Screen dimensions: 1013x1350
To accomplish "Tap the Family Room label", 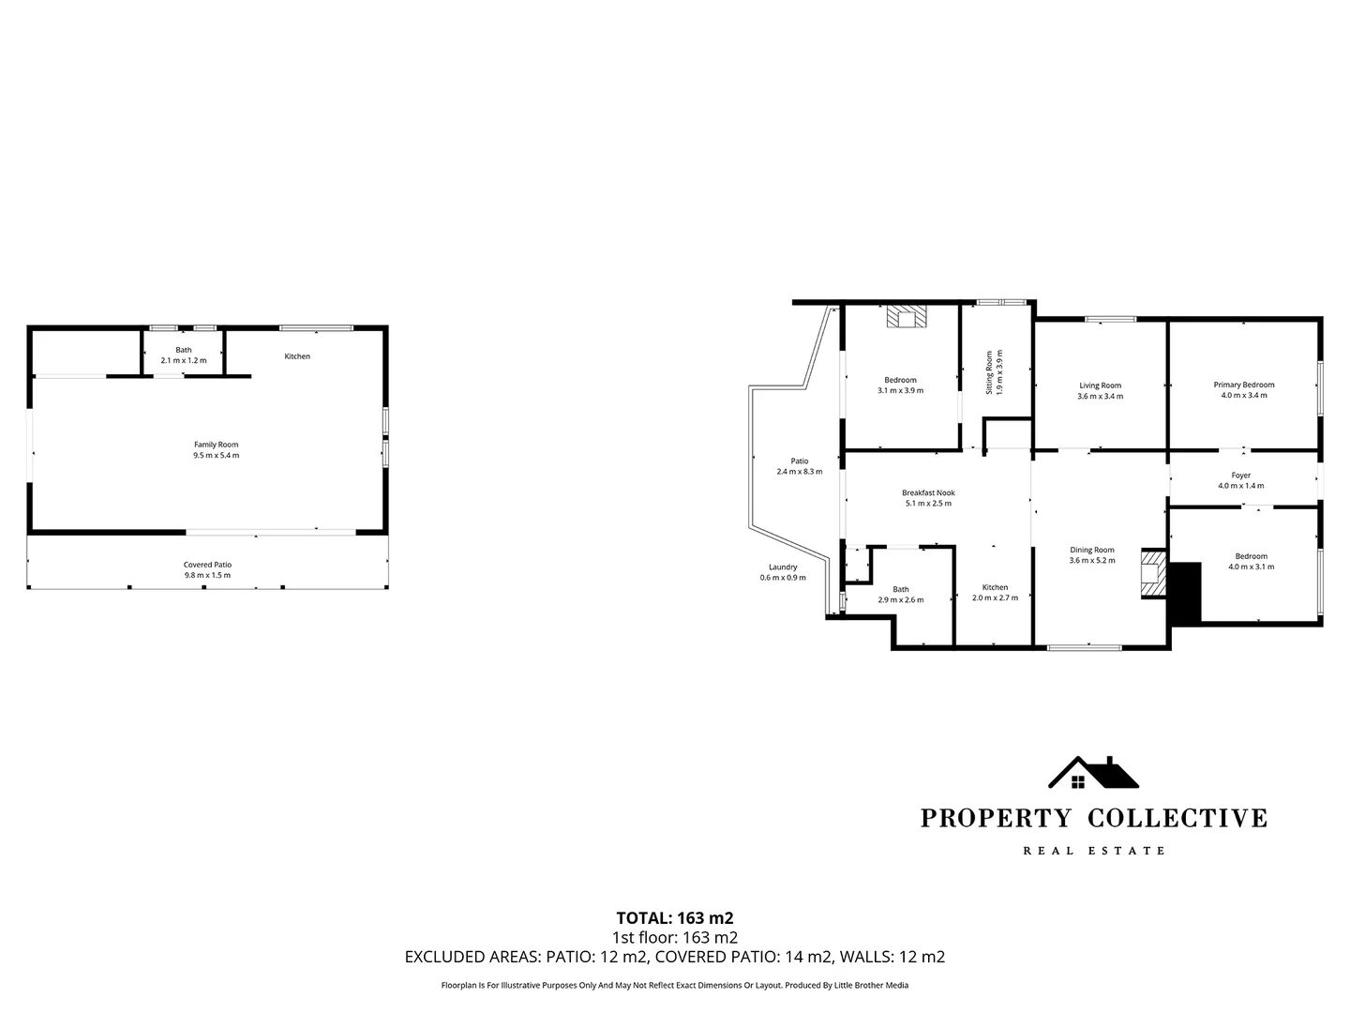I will click(217, 445).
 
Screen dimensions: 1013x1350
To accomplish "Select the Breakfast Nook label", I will click(928, 492).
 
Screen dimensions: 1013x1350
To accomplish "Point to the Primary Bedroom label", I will click(1244, 385).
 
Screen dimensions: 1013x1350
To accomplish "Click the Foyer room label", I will click(1240, 476).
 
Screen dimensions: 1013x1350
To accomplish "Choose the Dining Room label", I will click(1092, 550).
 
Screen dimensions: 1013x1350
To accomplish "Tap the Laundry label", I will click(783, 567).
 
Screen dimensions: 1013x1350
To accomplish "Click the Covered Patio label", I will click(207, 565).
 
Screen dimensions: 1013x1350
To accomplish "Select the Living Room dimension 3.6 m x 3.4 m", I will click(1100, 397).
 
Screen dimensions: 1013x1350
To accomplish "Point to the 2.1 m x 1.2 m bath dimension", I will click(184, 360).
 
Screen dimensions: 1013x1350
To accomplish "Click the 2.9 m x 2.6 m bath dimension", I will click(901, 600).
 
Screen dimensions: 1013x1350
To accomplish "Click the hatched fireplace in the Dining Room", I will click(1152, 573).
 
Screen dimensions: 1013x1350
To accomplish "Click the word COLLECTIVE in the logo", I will click(1177, 818).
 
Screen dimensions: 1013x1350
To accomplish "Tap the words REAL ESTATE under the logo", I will click(1093, 851).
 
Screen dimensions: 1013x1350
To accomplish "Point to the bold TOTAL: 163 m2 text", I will click(674, 917).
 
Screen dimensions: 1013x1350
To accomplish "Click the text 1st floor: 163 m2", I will click(674, 937).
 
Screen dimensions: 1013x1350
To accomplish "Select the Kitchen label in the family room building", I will click(297, 356).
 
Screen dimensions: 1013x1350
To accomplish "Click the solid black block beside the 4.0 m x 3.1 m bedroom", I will click(1186, 593).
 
